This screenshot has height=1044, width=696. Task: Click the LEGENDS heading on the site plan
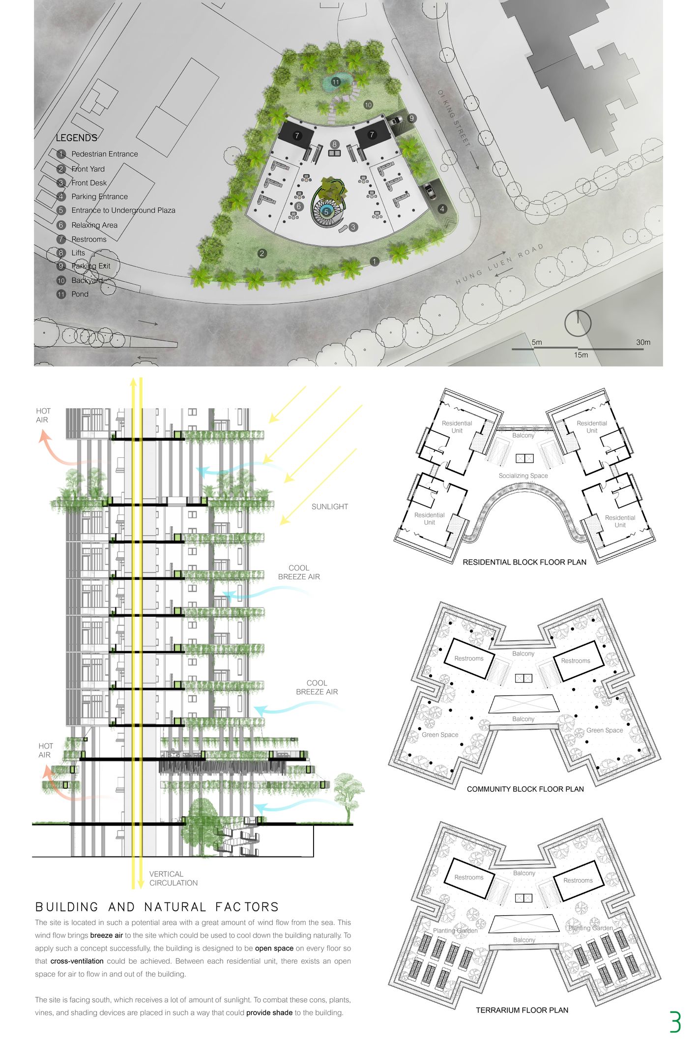click(x=77, y=138)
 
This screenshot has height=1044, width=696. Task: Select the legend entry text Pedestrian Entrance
click(x=105, y=154)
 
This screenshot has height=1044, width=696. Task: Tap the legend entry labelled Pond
click(x=80, y=294)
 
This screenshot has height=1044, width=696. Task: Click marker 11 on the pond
click(x=336, y=82)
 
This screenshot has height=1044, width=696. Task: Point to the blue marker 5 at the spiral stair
click(x=326, y=212)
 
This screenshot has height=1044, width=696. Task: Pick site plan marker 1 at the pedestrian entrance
click(x=375, y=262)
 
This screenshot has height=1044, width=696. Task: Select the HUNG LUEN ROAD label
click(x=499, y=264)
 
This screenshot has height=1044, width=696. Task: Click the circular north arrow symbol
click(x=578, y=323)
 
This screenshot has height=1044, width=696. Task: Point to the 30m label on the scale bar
click(x=643, y=342)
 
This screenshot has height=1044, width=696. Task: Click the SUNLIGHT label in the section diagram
click(x=330, y=507)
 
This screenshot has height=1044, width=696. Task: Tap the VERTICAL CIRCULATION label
click(x=174, y=878)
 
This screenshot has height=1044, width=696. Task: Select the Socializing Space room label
click(x=523, y=476)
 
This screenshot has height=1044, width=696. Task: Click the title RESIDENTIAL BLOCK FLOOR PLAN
click(x=524, y=562)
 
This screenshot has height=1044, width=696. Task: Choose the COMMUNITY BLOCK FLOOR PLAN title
click(x=525, y=789)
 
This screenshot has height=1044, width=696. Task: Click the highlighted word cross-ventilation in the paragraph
click(x=77, y=961)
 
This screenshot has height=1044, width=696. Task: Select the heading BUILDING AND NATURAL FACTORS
click(x=157, y=907)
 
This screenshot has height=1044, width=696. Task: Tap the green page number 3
click(x=675, y=1021)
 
